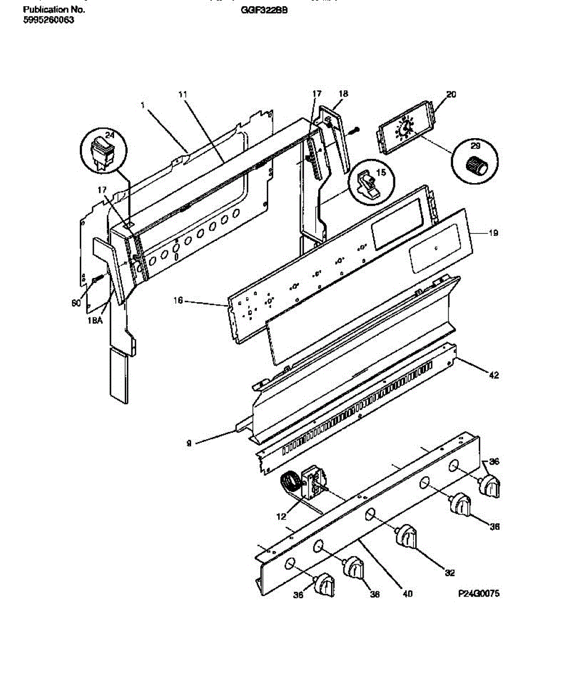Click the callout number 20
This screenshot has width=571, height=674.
tap(451, 94)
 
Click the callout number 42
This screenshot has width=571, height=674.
tap(494, 376)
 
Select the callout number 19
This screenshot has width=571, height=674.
tap(493, 233)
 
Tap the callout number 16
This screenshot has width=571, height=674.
tap(178, 301)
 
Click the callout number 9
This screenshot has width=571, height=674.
tap(189, 443)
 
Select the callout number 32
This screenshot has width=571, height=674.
tap(449, 573)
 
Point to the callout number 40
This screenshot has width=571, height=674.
tap(407, 593)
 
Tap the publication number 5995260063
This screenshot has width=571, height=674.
tap(49, 20)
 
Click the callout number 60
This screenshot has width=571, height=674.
tap(76, 303)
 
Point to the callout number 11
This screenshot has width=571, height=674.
tap(182, 94)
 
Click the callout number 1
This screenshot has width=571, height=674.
tap(143, 104)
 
